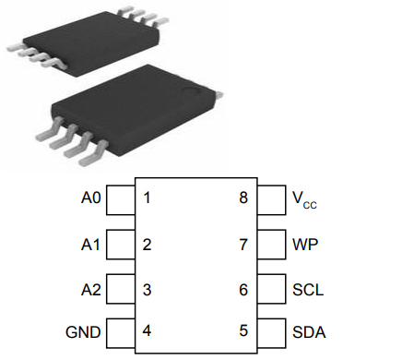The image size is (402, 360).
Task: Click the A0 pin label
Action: (90, 198)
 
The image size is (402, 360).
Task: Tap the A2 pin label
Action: (90, 290)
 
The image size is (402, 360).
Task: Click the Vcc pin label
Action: (303, 199)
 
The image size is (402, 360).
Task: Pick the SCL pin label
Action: (307, 290)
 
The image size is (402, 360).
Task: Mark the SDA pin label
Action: (308, 332)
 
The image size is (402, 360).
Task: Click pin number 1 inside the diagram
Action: (147, 198)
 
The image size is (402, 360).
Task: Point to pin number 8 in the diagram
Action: (243, 198)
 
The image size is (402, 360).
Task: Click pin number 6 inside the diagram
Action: (243, 290)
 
